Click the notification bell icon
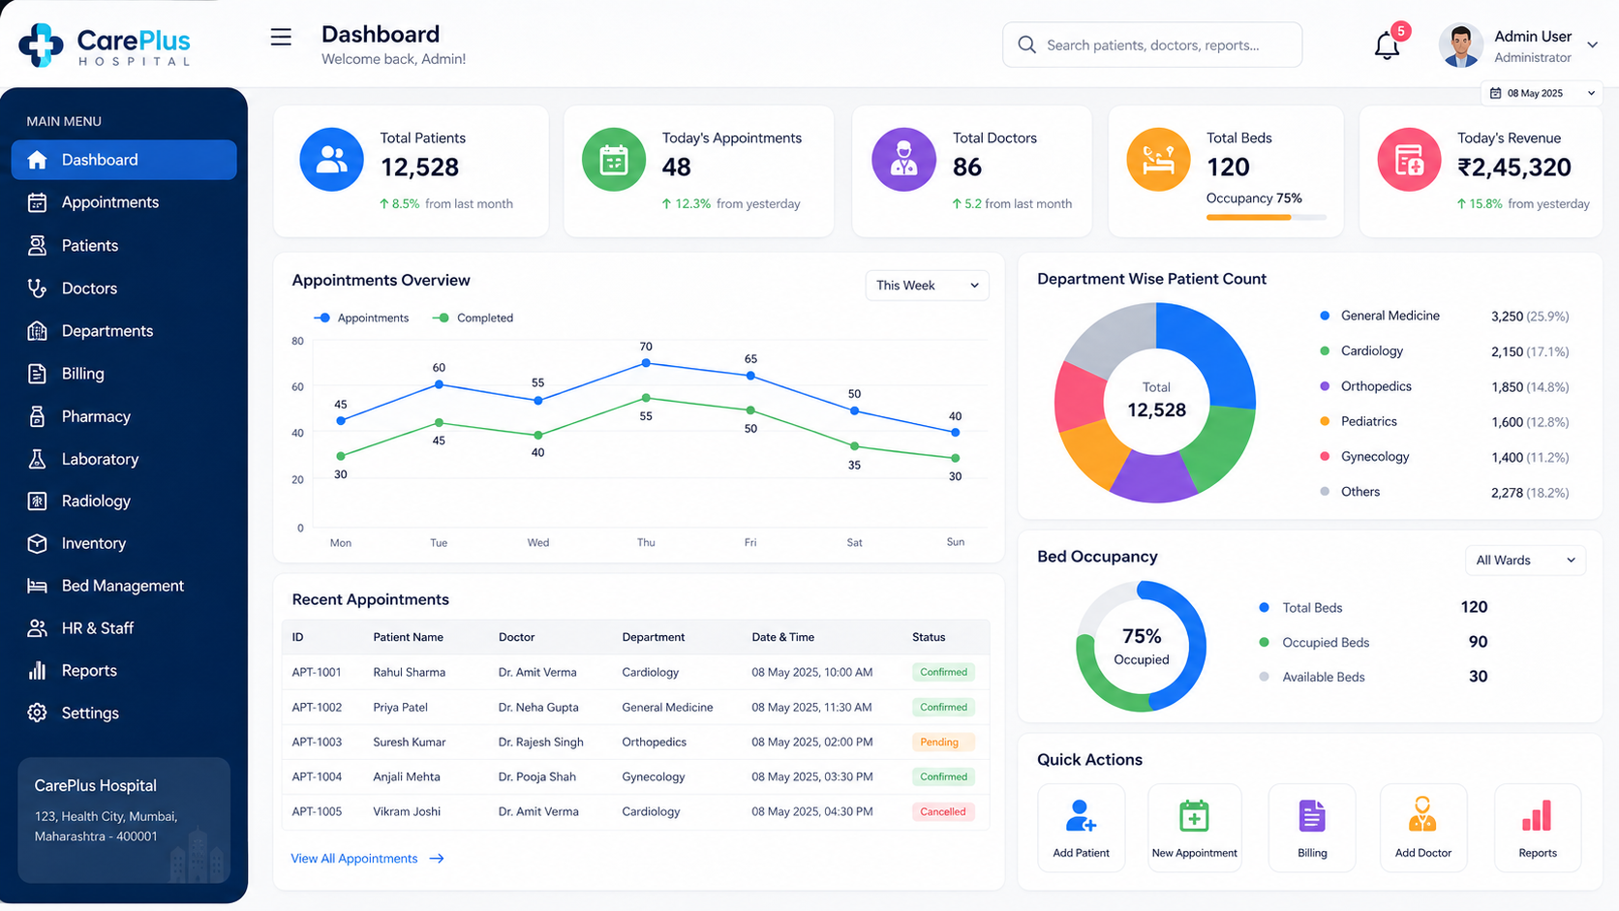[x=1387, y=46]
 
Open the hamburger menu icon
[x=281, y=37]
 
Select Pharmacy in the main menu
[x=96, y=416]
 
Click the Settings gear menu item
[x=90, y=714]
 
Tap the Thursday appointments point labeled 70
[x=646, y=363]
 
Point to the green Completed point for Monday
[x=341, y=456]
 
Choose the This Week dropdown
[x=927, y=286]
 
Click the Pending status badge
[x=942, y=742]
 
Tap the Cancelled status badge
[x=942, y=811]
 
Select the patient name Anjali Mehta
[x=406, y=776]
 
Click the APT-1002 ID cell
[x=317, y=708]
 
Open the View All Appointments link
[x=367, y=859]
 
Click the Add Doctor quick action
[x=1423, y=827]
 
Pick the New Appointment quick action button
[x=1194, y=827]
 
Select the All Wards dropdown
[x=1525, y=560]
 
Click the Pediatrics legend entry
[x=1368, y=421]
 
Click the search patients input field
[x=1152, y=45]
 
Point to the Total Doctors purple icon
[x=903, y=160]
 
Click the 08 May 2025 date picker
[x=1541, y=93]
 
